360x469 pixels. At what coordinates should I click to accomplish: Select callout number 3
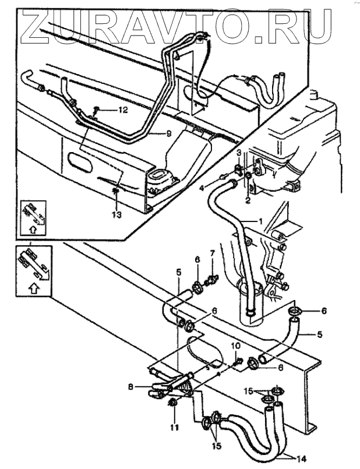pyautogui.click(x=239, y=153)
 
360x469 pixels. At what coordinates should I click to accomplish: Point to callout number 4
pyautogui.click(x=200, y=188)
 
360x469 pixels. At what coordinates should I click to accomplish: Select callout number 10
pyautogui.click(x=236, y=345)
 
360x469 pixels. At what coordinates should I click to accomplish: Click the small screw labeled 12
pyautogui.click(x=98, y=110)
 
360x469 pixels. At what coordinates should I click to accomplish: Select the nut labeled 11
pyautogui.click(x=173, y=403)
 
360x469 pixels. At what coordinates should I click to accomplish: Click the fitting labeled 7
pyautogui.click(x=213, y=278)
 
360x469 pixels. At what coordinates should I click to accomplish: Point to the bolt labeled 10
pyautogui.click(x=239, y=363)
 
